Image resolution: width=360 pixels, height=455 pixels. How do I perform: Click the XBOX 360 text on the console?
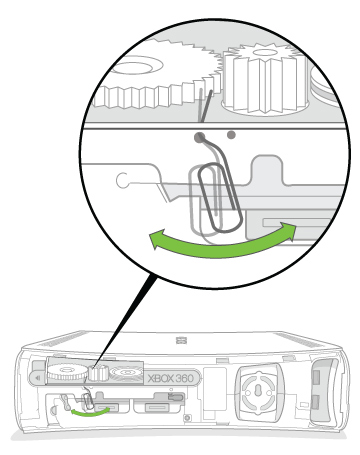tap(171, 378)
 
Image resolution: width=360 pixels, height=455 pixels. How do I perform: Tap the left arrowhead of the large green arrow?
tap(155, 239)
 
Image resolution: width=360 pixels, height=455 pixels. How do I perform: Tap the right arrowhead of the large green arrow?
tap(288, 230)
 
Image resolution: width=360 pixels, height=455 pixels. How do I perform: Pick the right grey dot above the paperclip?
tap(231, 135)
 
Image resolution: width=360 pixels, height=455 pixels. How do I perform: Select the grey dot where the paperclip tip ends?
tap(200, 136)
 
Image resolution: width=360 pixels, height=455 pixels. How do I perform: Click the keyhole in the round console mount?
tap(258, 391)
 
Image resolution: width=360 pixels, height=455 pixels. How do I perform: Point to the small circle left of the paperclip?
tap(122, 180)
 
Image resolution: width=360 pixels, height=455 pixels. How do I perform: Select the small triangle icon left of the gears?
tap(38, 378)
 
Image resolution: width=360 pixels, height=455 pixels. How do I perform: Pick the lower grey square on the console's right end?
tap(316, 403)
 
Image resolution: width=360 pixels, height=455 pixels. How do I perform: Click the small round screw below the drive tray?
tap(188, 418)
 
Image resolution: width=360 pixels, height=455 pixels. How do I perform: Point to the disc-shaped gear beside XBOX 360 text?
tap(126, 373)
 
